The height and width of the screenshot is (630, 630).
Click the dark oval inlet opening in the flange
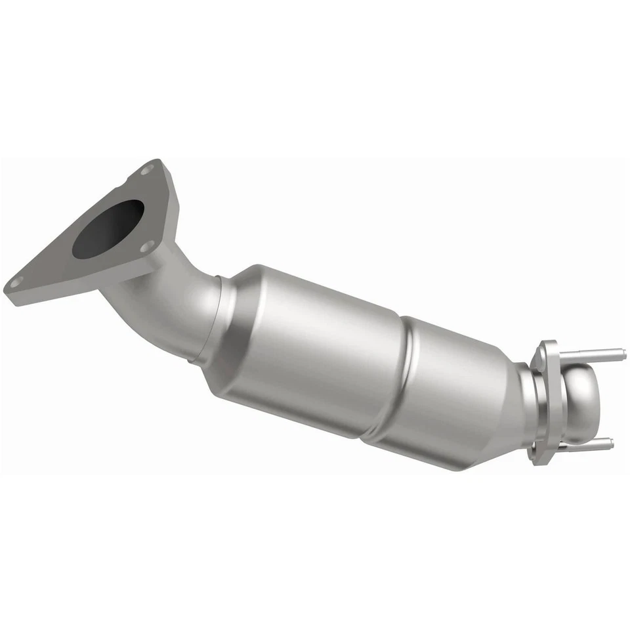108,228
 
